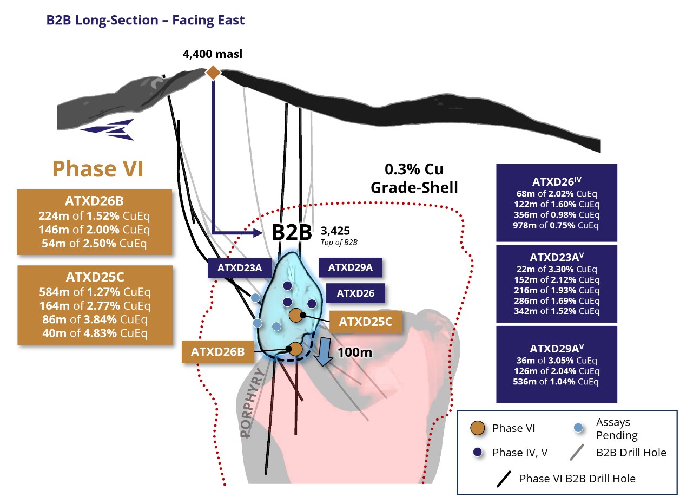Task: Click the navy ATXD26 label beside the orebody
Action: click(x=355, y=293)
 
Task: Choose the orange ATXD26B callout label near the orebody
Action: click(x=217, y=351)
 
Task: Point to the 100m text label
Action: click(x=355, y=352)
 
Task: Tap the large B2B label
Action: click(x=292, y=232)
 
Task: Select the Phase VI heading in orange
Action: click(x=97, y=169)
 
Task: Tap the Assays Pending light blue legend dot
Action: click(x=578, y=428)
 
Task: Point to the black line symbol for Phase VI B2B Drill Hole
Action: click(x=504, y=479)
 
